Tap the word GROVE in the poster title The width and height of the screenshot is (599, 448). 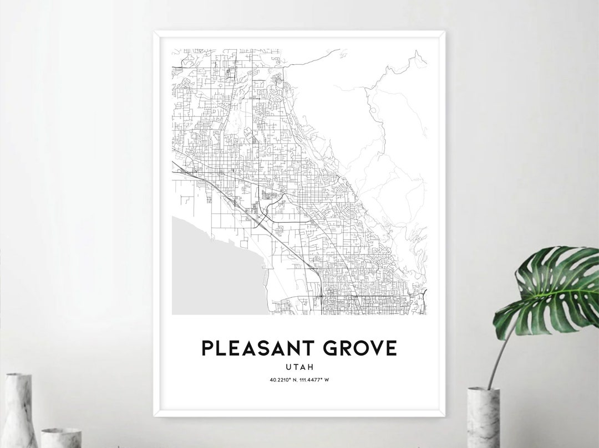(361, 348)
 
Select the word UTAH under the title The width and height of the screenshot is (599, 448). (299, 366)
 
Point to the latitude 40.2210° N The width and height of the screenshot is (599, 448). (282, 379)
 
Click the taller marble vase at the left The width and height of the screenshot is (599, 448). (19, 410)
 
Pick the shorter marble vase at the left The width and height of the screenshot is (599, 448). (61, 437)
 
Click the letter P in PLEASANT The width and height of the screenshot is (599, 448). (206, 348)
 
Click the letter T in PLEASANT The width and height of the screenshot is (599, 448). (305, 348)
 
